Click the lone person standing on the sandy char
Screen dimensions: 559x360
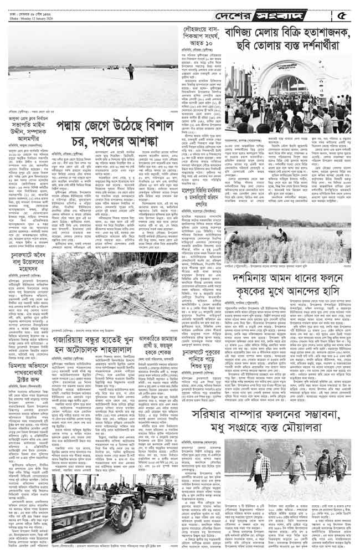pyautogui.click(x=131, y=70)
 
